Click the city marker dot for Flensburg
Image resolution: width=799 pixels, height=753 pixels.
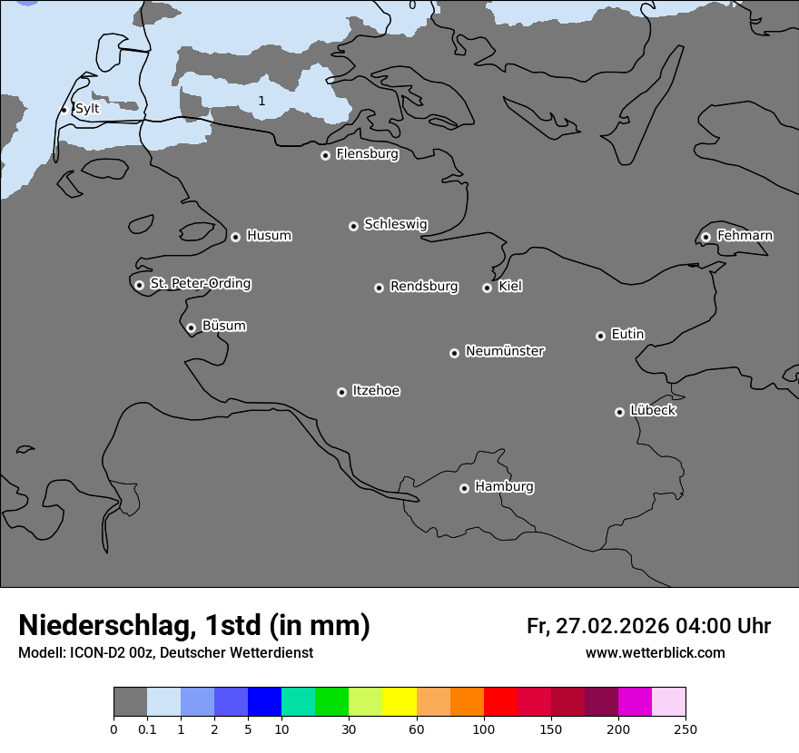tap(325, 155)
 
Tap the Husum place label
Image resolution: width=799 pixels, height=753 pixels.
tap(269, 236)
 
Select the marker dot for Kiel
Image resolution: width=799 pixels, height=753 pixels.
tap(487, 288)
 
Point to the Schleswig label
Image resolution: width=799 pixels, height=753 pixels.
tap(395, 224)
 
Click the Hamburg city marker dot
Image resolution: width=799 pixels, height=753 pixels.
tap(464, 488)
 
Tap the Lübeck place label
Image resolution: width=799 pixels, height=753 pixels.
tap(653, 410)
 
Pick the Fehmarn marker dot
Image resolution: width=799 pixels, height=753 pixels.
tap(705, 237)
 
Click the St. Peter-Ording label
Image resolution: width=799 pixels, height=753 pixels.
tap(200, 283)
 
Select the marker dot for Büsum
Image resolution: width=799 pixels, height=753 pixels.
tap(191, 328)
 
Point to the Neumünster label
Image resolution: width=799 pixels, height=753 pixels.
tap(505, 351)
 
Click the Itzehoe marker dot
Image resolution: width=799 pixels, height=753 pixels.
tap(341, 392)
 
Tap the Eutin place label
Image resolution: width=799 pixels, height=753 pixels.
tap(627, 334)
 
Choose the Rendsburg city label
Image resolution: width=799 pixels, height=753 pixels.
tap(424, 287)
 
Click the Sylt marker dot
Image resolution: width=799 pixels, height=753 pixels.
tap(64, 110)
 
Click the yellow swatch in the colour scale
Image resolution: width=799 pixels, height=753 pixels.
tap(399, 702)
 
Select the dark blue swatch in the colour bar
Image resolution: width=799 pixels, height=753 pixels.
tap(264, 702)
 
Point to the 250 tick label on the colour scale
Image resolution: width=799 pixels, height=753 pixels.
tap(686, 729)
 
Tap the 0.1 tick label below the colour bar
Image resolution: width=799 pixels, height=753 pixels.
tap(147, 729)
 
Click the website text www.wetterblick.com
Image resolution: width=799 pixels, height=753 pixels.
tap(655, 653)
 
